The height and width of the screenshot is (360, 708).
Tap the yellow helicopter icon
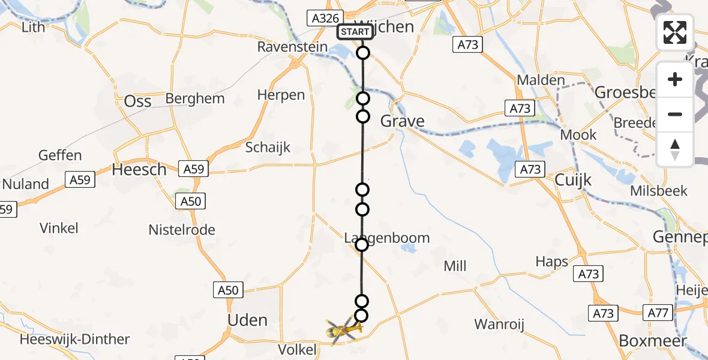pyautogui.click(x=342, y=328)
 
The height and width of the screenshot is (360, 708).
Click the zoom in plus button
pyautogui.click(x=675, y=79)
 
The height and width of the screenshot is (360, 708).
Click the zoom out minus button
pyautogui.click(x=675, y=114)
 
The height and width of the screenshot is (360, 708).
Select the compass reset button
pyautogui.click(x=675, y=149)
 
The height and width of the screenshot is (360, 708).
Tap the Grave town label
pyautogui.click(x=403, y=121)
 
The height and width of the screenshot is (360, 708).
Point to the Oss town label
pyautogui.click(x=137, y=101)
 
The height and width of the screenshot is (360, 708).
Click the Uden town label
pyautogui.click(x=247, y=320)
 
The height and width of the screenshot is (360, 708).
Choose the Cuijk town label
pyautogui.click(x=573, y=179)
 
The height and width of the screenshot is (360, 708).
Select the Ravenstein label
pyautogui.click(x=292, y=47)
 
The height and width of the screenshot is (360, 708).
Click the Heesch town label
pyautogui.click(x=139, y=170)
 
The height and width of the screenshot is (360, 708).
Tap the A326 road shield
pyautogui.click(x=326, y=19)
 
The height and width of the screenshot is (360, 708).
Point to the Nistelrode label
pyautogui.click(x=182, y=230)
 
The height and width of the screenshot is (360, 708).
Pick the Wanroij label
pyautogui.click(x=499, y=325)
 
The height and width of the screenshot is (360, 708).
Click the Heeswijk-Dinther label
pyautogui.click(x=75, y=339)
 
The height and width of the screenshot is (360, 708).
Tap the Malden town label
pyautogui.click(x=541, y=80)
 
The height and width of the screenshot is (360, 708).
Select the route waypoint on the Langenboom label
pyautogui.click(x=362, y=244)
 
